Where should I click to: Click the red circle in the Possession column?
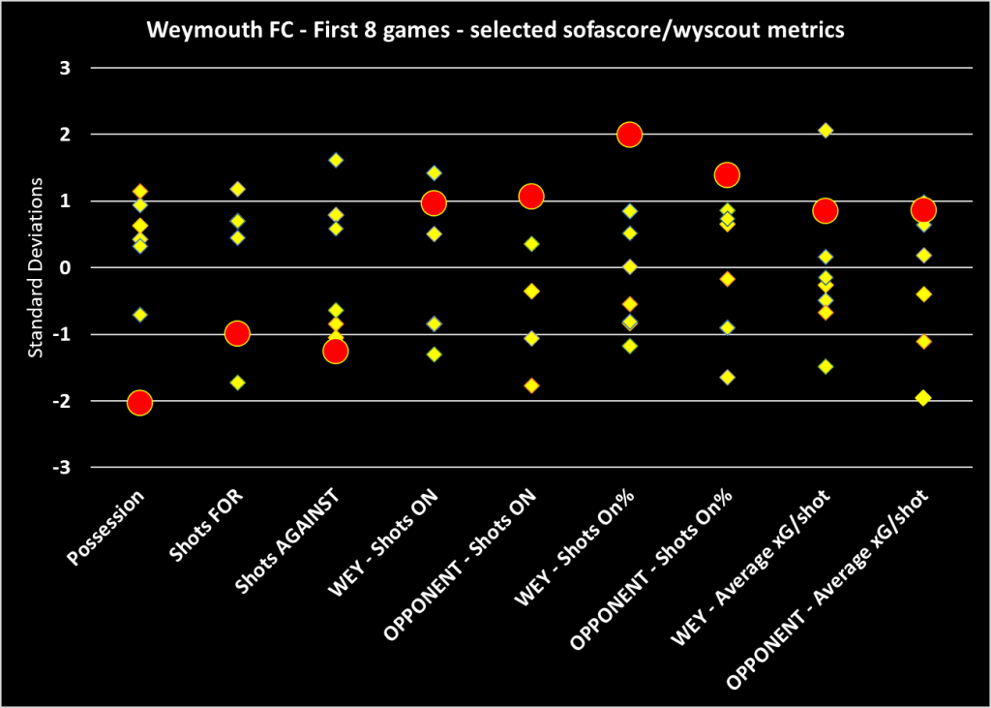point(139,402)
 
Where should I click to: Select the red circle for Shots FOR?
point(237,333)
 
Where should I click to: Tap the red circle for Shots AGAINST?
point(335,351)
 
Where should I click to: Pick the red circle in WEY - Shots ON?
point(433,202)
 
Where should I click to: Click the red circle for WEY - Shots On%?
point(629,135)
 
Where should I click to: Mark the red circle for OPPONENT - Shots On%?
point(727,174)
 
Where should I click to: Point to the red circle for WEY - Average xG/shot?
point(825,210)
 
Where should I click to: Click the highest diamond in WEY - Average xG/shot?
point(826,130)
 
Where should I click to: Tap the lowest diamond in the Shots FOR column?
point(237,382)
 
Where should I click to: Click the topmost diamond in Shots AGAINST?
point(336,160)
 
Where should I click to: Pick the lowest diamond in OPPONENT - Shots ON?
point(531,385)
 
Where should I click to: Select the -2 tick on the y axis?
point(67,401)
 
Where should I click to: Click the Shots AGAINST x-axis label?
point(290,541)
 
